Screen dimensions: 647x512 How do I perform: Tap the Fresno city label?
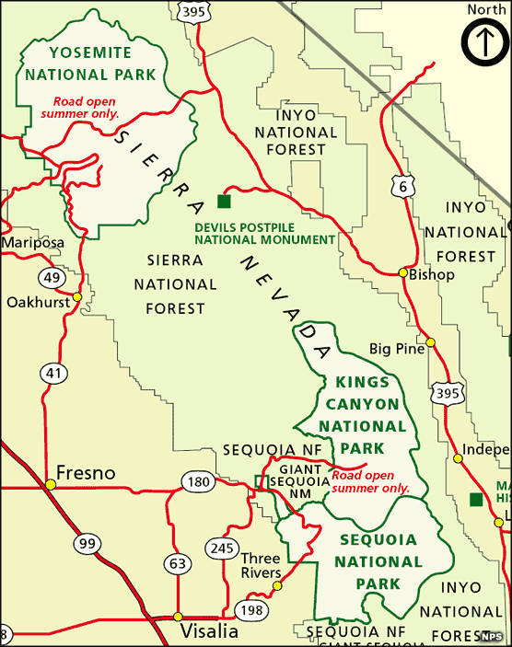pyautogui.click(x=87, y=473)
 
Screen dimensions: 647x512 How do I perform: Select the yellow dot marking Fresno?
pyautogui.click(x=51, y=484)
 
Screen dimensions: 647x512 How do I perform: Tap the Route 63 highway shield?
pyautogui.click(x=178, y=562)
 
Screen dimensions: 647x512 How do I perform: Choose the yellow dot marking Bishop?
pyautogui.click(x=402, y=272)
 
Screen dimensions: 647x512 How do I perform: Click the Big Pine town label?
pyautogui.click(x=397, y=349)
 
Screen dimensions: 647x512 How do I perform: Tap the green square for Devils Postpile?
pyautogui.click(x=221, y=201)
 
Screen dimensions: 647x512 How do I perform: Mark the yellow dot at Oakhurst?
pyautogui.click(x=77, y=296)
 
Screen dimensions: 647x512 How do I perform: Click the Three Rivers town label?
pyautogui.click(x=261, y=566)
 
